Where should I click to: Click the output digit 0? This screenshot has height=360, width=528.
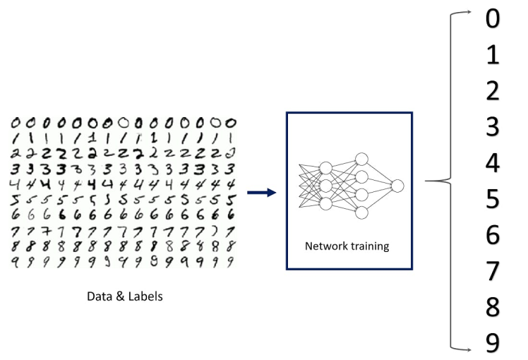[492, 19]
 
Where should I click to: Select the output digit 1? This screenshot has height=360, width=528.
[492, 55]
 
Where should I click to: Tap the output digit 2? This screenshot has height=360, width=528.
[492, 91]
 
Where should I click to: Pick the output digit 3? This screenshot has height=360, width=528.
[492, 127]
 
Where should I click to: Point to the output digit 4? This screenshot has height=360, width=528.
[492, 163]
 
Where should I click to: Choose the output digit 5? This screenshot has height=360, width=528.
[492, 199]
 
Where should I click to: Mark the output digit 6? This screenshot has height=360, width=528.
[492, 235]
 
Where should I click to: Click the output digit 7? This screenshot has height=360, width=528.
[492, 271]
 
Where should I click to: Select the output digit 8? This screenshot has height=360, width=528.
[492, 307]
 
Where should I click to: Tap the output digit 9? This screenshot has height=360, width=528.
[492, 343]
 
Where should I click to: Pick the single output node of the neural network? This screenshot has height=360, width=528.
[397, 186]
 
